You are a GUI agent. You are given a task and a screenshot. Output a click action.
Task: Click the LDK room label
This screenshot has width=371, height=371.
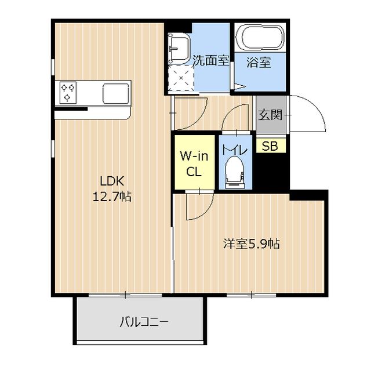(112, 181)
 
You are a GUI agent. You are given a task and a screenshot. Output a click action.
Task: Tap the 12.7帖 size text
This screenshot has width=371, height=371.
(112, 196)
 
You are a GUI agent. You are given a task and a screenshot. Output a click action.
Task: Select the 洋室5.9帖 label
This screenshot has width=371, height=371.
(252, 243)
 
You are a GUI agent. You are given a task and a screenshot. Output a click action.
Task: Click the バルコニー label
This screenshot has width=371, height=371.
(144, 322)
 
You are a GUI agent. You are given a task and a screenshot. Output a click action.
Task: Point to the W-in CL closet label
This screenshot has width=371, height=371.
(194, 163)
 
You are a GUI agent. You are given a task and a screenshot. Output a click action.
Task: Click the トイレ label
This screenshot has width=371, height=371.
(234, 150)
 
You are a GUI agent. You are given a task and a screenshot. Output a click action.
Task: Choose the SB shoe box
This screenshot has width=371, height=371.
(270, 146)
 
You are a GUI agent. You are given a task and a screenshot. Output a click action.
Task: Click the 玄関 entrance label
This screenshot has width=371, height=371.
(271, 115)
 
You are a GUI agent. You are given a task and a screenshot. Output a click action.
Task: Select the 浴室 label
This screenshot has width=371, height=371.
(259, 62)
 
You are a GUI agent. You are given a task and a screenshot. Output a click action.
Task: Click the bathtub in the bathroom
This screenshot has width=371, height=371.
(260, 38)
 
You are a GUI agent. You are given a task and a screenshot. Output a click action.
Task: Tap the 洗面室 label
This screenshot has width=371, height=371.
(211, 60)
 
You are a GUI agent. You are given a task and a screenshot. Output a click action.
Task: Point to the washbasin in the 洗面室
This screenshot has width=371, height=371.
(179, 49)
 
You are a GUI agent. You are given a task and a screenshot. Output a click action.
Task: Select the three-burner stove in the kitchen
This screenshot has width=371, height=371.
(68, 93)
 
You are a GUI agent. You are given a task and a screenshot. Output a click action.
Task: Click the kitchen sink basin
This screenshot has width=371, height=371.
(117, 94)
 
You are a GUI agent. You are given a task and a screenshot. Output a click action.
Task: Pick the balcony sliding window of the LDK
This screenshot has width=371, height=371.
(125, 295)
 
